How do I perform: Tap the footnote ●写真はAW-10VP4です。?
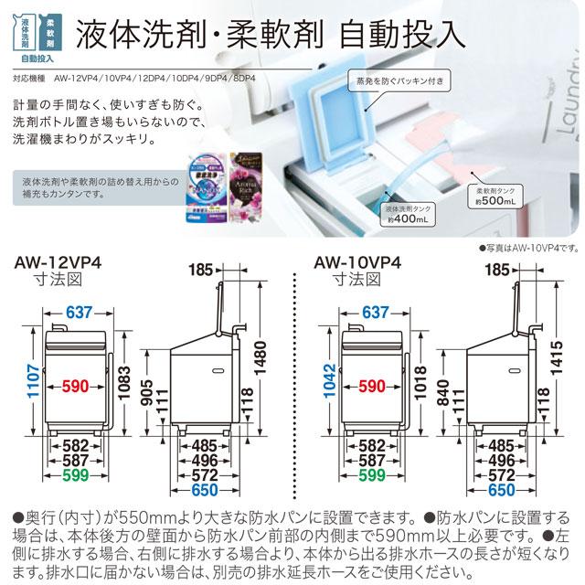pos(527,248)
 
